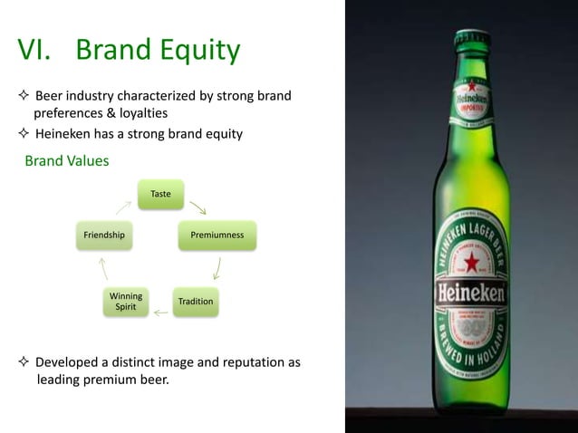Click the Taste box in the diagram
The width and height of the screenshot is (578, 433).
160,194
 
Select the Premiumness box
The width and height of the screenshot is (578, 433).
217,236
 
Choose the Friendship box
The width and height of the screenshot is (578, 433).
104,236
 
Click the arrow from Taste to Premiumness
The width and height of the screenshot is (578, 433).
197,207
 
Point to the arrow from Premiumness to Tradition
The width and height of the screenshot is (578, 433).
217,268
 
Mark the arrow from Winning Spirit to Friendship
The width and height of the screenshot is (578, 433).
104,268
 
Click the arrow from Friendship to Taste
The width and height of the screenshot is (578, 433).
123,207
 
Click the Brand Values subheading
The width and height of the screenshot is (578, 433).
66,161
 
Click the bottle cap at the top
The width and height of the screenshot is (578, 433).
471,38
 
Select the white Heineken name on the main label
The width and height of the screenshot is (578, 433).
471,294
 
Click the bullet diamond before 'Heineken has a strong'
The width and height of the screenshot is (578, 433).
24,135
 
